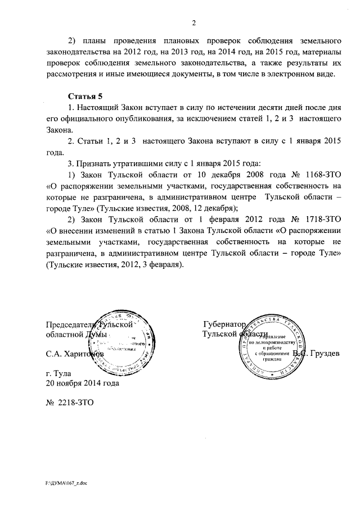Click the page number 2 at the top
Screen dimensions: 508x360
click(193, 23)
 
